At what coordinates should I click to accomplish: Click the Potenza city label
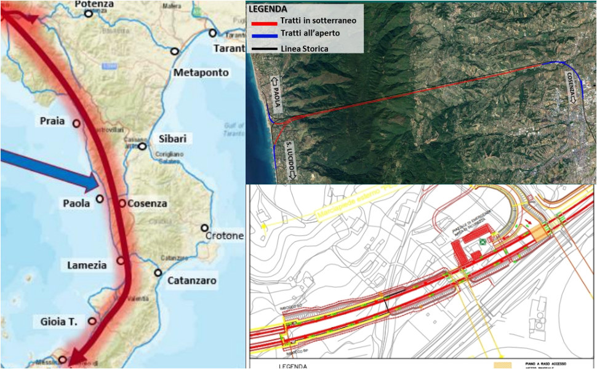point(94,4)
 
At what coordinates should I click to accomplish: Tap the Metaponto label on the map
point(201,73)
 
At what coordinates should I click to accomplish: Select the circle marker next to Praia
point(76,123)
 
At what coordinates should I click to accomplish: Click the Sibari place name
point(172,138)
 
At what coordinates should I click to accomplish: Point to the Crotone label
point(225,236)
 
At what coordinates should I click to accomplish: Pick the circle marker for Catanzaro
point(158,272)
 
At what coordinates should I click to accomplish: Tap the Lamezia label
point(87,265)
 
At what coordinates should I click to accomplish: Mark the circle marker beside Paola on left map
point(100,199)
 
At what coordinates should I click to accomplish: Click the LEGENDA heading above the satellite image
point(267,9)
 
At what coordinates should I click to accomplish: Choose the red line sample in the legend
point(262,22)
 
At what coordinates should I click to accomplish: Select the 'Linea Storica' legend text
point(304,49)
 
